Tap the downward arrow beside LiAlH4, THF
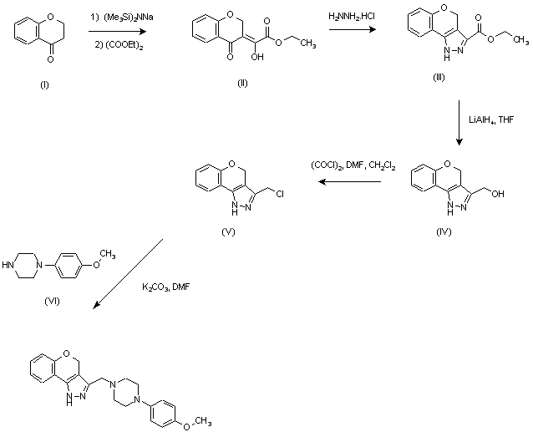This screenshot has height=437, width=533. (x=459, y=122)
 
